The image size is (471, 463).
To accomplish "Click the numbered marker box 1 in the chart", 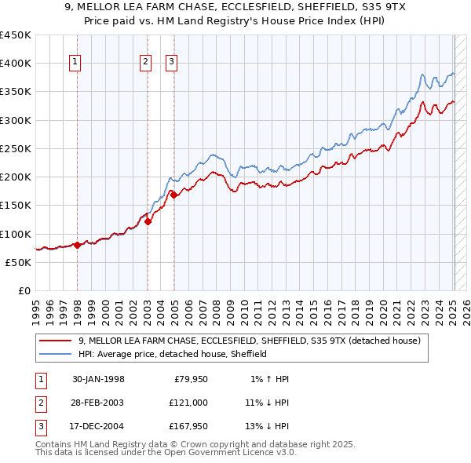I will click(75, 63).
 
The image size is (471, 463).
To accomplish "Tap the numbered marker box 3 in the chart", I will click(172, 63).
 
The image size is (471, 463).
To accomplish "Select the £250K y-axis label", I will click(16, 148).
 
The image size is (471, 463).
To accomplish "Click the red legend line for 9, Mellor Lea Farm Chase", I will click(56, 341).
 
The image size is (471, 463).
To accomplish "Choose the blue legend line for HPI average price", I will click(56, 354).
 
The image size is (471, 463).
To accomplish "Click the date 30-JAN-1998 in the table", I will click(98, 379).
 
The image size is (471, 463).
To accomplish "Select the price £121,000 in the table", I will click(187, 403).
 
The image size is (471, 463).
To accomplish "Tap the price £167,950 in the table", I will click(187, 426).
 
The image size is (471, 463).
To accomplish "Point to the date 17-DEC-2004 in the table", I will click(98, 426).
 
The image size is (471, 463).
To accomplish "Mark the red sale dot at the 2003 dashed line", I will click(148, 222).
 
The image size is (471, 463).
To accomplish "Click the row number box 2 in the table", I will click(40, 403).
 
